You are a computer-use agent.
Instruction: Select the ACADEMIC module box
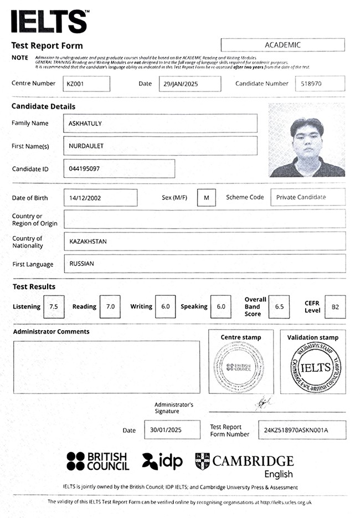point(282,45)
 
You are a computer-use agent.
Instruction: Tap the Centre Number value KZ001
point(86,84)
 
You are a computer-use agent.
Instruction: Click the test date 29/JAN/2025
point(189,84)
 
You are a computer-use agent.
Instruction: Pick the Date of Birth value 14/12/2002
point(100,198)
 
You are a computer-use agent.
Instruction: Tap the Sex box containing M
point(206,198)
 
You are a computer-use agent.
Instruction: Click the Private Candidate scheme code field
point(307,197)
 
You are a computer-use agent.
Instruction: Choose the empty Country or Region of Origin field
point(204,219)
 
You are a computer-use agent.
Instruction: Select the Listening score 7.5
point(54,306)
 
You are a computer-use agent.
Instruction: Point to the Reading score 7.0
point(110,306)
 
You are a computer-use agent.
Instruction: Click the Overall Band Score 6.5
point(279,306)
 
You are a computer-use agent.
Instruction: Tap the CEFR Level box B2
point(335,306)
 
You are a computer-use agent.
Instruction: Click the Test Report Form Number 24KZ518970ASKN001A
point(302,430)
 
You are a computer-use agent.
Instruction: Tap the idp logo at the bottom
point(162,461)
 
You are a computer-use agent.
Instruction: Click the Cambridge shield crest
point(203,461)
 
